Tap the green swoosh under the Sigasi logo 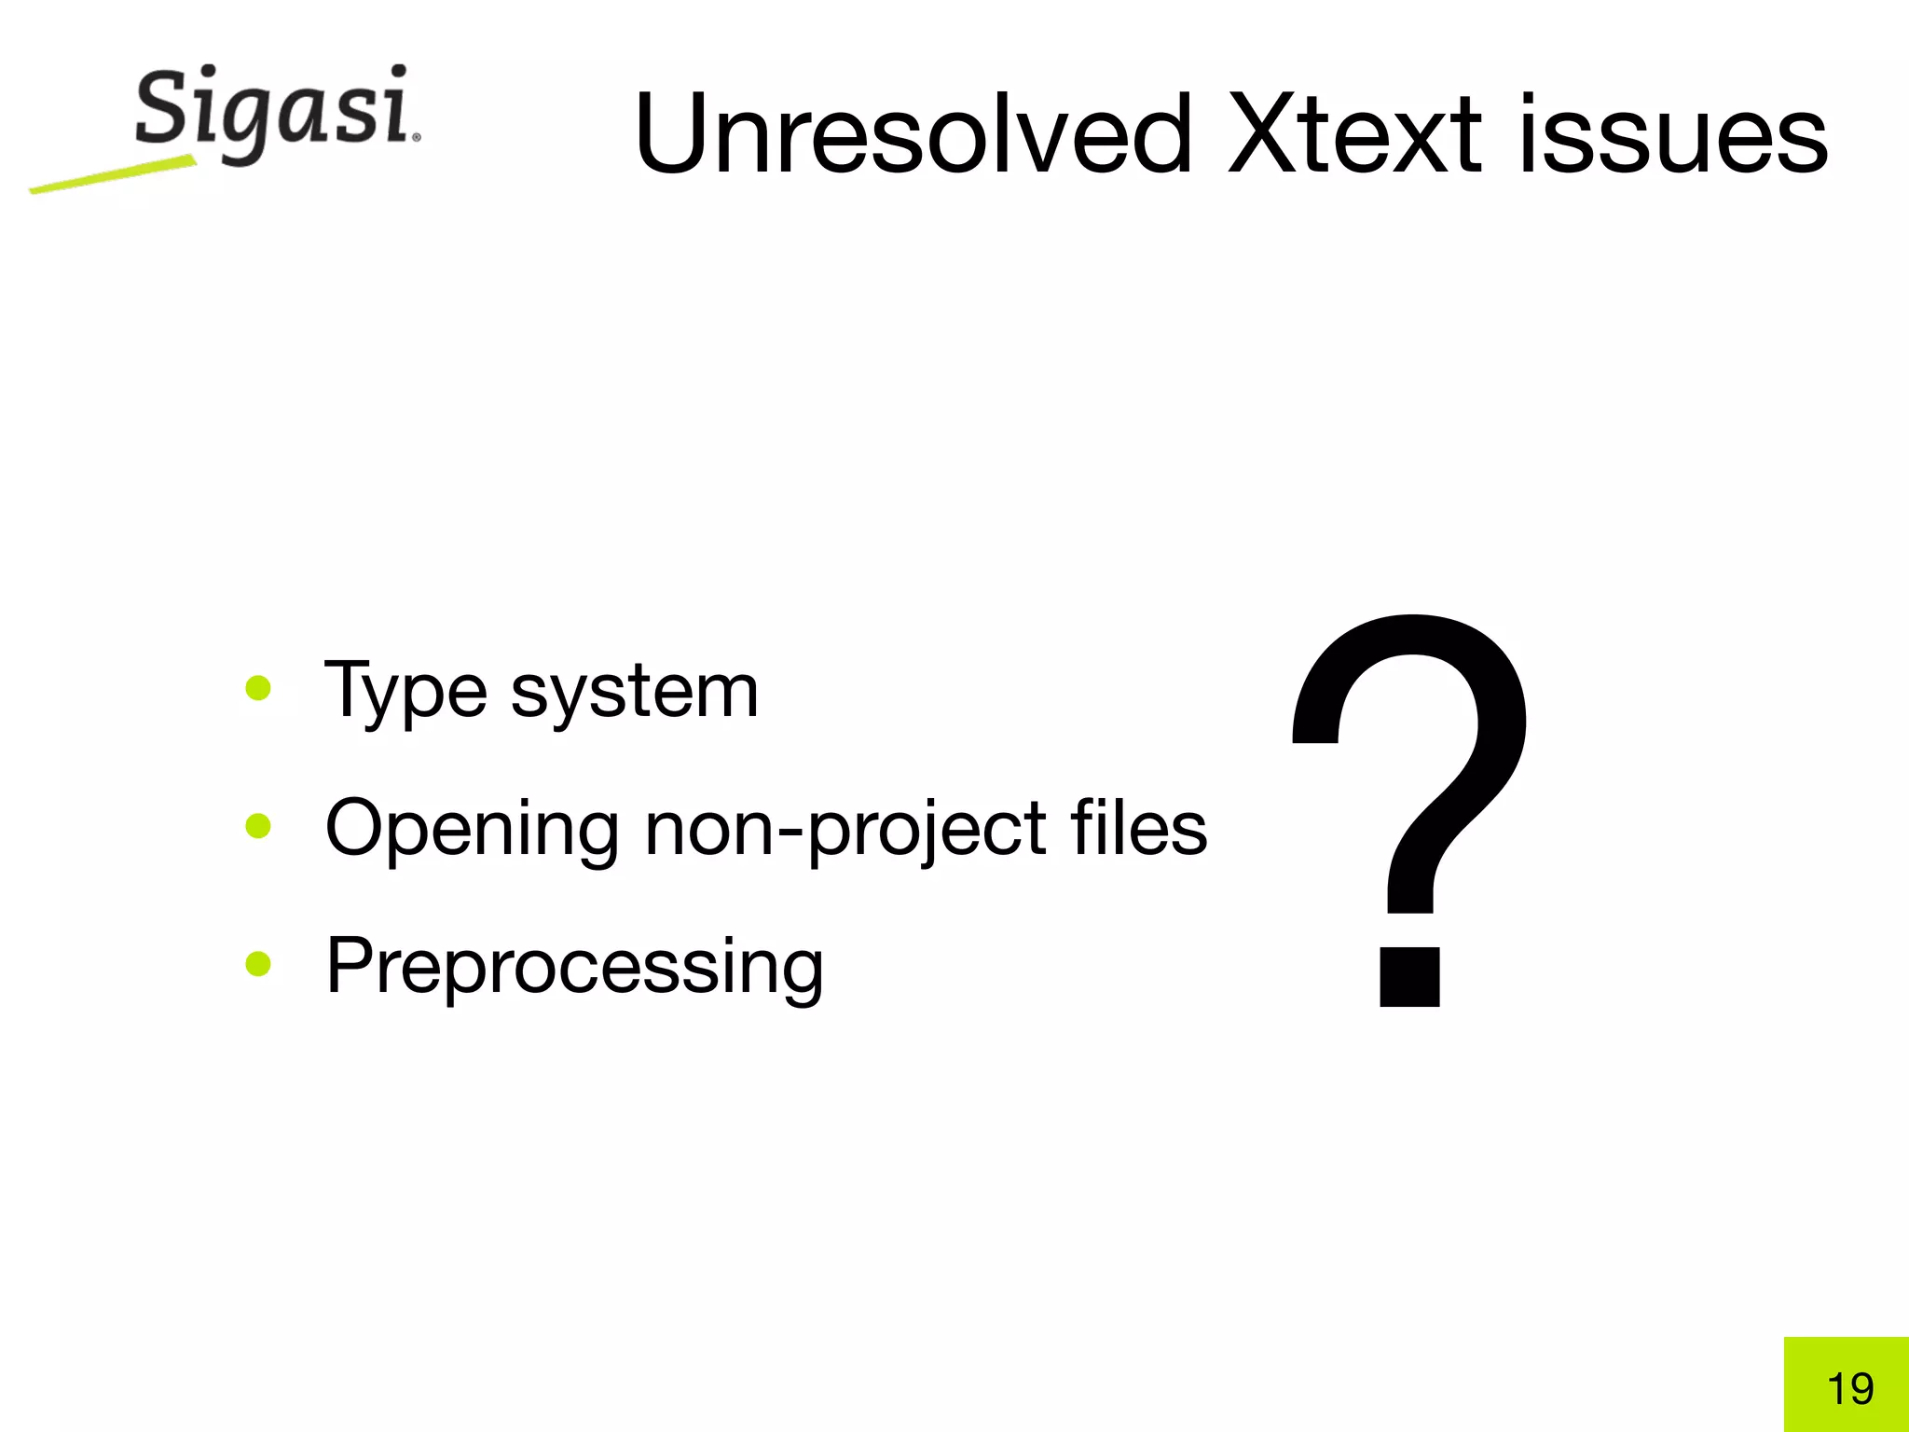(112, 175)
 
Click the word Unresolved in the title (912, 135)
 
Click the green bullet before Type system (258, 689)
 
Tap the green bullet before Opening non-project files (258, 826)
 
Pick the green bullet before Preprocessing (258, 964)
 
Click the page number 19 (1850, 1389)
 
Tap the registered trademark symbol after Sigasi (416, 138)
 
